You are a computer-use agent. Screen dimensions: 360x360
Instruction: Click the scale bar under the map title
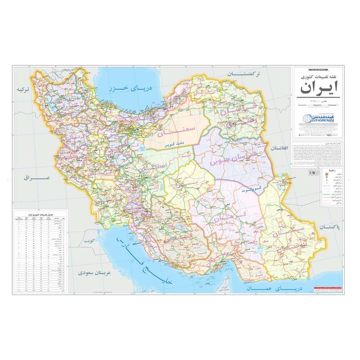click(x=318, y=105)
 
